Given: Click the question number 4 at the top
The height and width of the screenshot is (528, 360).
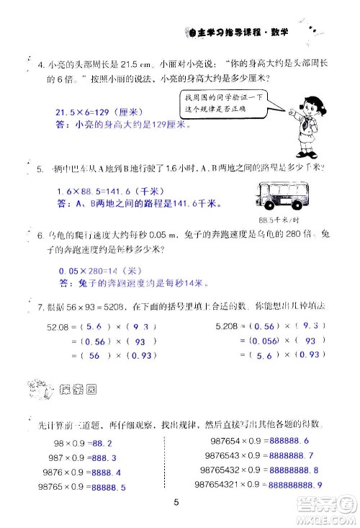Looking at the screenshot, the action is [x=40, y=67].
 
